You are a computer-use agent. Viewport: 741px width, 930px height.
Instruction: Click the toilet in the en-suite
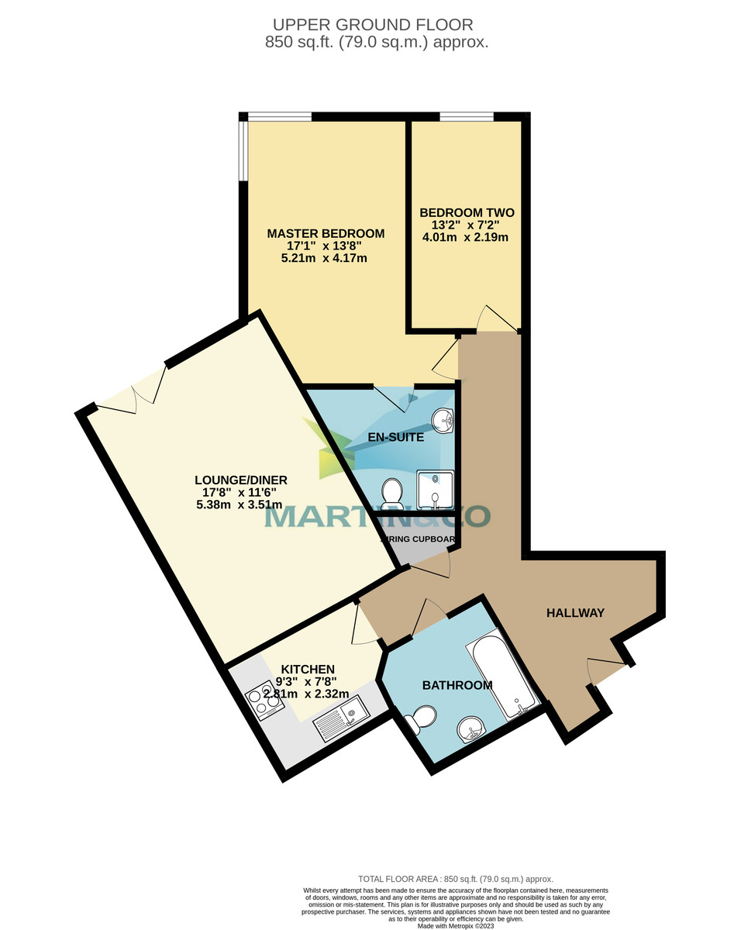coord(392,492)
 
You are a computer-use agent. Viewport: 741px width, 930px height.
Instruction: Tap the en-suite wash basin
coord(444,420)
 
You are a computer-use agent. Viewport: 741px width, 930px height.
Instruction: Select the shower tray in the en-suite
coord(434,489)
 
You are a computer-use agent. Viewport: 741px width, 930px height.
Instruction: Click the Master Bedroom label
coord(326,233)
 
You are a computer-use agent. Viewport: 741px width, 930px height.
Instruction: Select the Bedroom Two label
coord(467,212)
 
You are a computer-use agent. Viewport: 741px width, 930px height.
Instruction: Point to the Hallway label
coord(575,613)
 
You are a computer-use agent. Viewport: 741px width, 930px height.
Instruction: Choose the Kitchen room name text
coord(308,670)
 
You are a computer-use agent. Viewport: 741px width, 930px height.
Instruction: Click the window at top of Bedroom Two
coord(466,117)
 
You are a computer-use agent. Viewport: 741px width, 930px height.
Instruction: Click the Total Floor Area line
coord(455,879)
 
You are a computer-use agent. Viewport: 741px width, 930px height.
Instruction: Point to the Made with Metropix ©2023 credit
coord(455,925)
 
